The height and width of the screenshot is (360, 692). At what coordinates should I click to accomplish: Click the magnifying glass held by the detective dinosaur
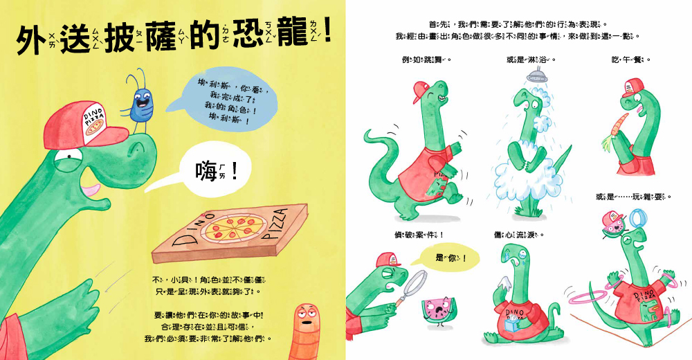[417, 285]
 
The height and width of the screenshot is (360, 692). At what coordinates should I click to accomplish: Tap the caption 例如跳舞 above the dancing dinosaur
[422, 60]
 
